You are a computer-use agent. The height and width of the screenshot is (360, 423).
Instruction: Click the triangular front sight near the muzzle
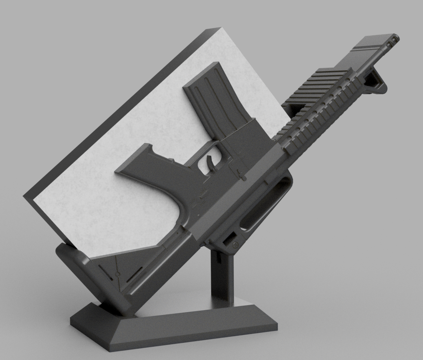pos(378,81)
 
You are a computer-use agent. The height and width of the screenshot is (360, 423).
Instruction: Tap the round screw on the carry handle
pos(236,244)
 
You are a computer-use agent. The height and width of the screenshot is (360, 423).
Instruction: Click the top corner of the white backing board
pos(221,29)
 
